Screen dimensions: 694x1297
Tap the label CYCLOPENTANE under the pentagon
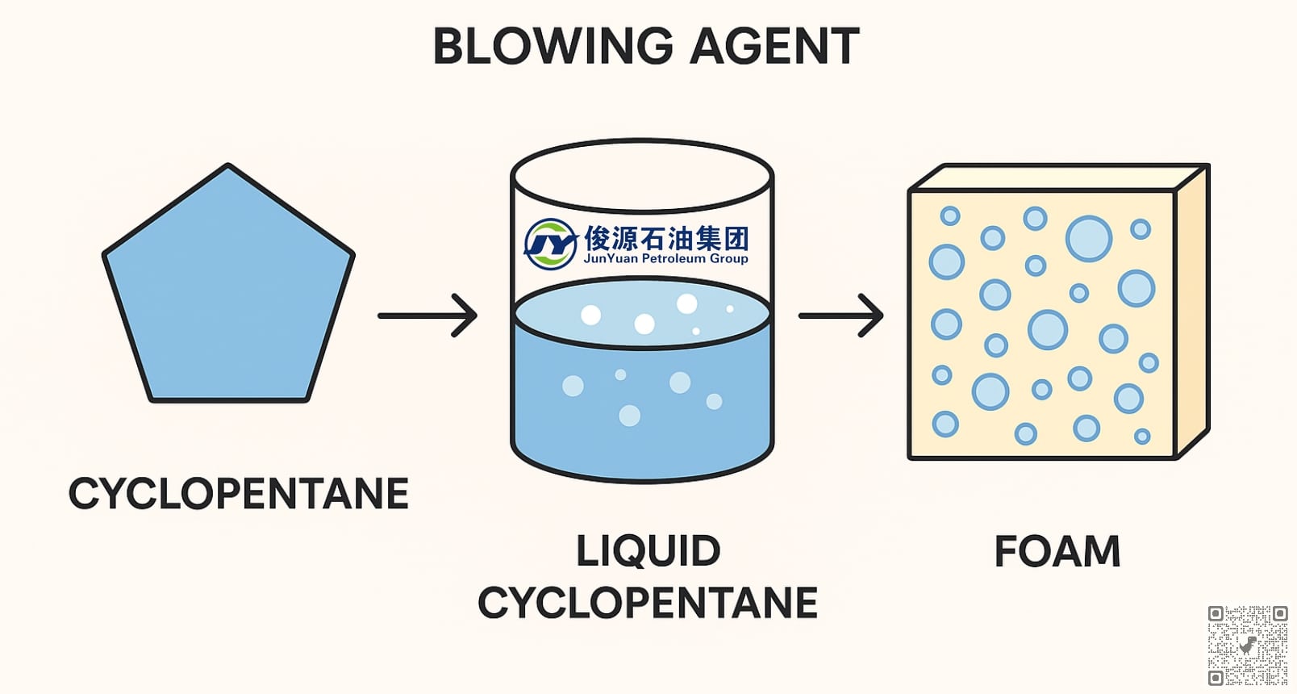tap(239, 494)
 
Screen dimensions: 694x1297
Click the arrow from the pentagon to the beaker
tap(427, 316)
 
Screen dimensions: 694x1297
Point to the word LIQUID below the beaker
tap(648, 551)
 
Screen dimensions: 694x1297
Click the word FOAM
tap(1057, 552)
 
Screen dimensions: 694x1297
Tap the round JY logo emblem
tap(551, 243)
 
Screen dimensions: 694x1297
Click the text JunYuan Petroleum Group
tap(665, 259)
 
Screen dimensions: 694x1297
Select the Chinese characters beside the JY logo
tap(666, 237)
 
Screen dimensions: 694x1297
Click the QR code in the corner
tap(1247, 646)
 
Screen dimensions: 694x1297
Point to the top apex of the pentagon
tap(228, 167)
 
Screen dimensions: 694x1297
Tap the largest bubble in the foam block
tap(1088, 238)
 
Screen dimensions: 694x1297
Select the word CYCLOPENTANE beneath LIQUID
tap(648, 603)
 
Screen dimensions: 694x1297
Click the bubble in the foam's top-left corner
tap(950, 215)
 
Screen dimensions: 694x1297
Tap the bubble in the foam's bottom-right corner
tap(1142, 437)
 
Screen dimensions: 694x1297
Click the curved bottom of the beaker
tap(642, 476)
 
